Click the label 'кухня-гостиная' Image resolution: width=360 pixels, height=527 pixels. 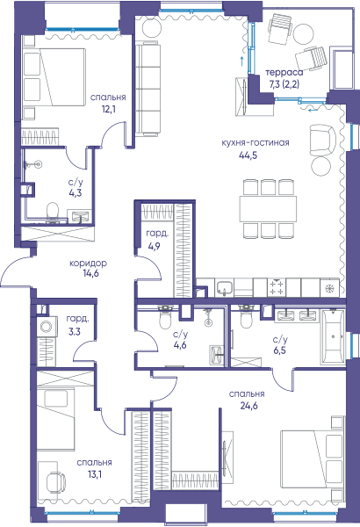coord(256,142)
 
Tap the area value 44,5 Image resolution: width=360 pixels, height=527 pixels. coord(248,155)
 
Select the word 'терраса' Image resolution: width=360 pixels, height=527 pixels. coord(284,73)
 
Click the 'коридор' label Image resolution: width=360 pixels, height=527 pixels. coord(88,263)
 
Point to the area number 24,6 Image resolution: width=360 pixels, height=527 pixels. coord(248,406)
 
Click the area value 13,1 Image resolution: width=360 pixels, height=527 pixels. coord(94,474)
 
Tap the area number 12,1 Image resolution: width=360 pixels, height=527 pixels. coord(108,109)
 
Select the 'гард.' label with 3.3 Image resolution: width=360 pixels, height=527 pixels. coord(77,319)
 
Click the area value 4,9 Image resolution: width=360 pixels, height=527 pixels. coord(155,246)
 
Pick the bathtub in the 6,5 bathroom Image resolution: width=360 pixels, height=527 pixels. coord(333,336)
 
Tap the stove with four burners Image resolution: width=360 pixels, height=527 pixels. coord(277,287)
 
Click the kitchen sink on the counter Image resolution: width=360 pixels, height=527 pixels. coord(224,288)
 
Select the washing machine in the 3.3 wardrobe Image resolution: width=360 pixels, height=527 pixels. coord(46,327)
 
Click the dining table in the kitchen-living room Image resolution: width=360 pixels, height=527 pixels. coord(268,208)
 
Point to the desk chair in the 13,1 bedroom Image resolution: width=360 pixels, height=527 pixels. coord(55,481)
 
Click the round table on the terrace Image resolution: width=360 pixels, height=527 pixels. coord(304,33)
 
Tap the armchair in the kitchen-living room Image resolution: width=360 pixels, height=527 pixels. coord(322,140)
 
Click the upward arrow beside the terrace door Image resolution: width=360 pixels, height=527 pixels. coord(241,61)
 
